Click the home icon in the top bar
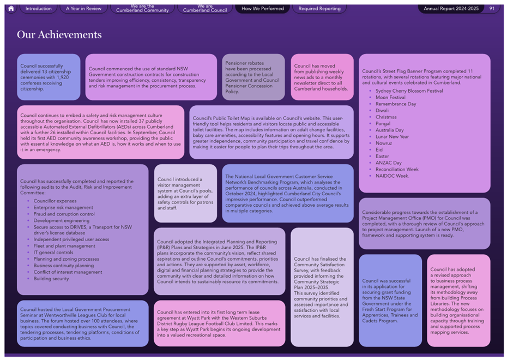point(11,8)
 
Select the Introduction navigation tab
point(39,9)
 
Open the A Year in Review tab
point(84,9)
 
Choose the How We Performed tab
point(263,9)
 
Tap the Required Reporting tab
point(319,9)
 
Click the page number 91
point(492,9)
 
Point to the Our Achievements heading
point(59,34)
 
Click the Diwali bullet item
point(382,111)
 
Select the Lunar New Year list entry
point(392,137)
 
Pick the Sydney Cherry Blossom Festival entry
point(409,91)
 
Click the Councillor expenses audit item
point(55,201)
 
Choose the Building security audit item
point(51,279)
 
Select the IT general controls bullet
point(53,253)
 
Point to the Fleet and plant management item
point(64,246)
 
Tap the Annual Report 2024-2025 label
point(451,9)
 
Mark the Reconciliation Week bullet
point(397,170)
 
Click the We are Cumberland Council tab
point(205,8)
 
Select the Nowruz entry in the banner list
point(384,143)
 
